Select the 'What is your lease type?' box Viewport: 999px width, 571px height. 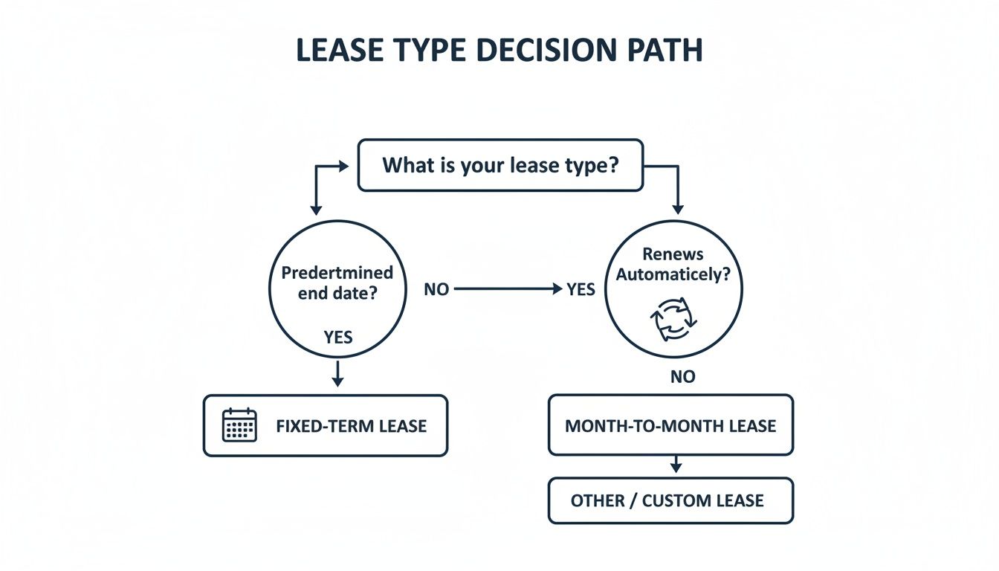click(x=500, y=165)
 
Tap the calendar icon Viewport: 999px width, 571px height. click(x=239, y=425)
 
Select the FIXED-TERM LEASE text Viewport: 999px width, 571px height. click(x=351, y=426)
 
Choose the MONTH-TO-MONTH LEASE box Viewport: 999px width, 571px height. click(x=670, y=425)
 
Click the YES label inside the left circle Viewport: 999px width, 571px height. click(x=338, y=338)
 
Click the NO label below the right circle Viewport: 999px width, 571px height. click(x=682, y=377)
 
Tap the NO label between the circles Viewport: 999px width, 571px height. click(x=436, y=290)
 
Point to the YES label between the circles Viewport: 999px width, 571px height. click(x=581, y=290)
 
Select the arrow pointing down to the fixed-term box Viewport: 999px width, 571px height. click(x=338, y=374)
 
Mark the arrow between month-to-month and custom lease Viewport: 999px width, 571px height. click(x=676, y=465)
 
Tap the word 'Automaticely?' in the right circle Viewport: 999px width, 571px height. click(x=673, y=274)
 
